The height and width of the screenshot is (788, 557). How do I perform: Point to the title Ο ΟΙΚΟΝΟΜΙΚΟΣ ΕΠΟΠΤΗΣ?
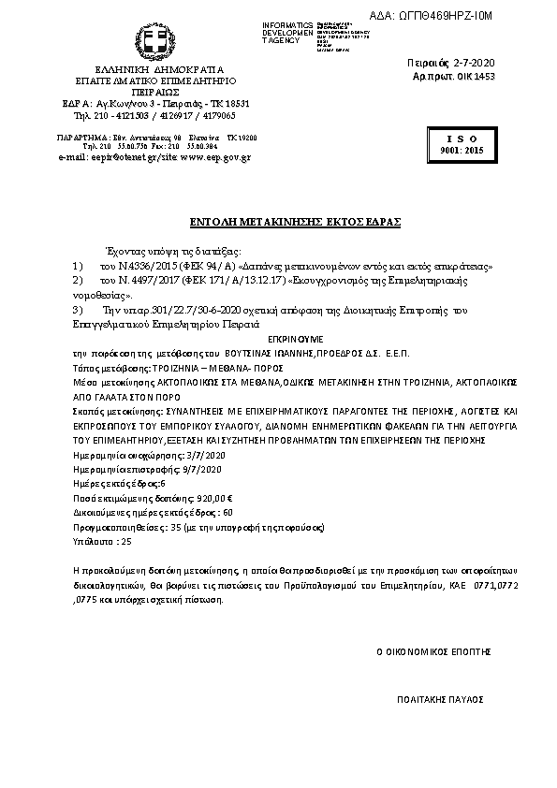(x=433, y=649)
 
